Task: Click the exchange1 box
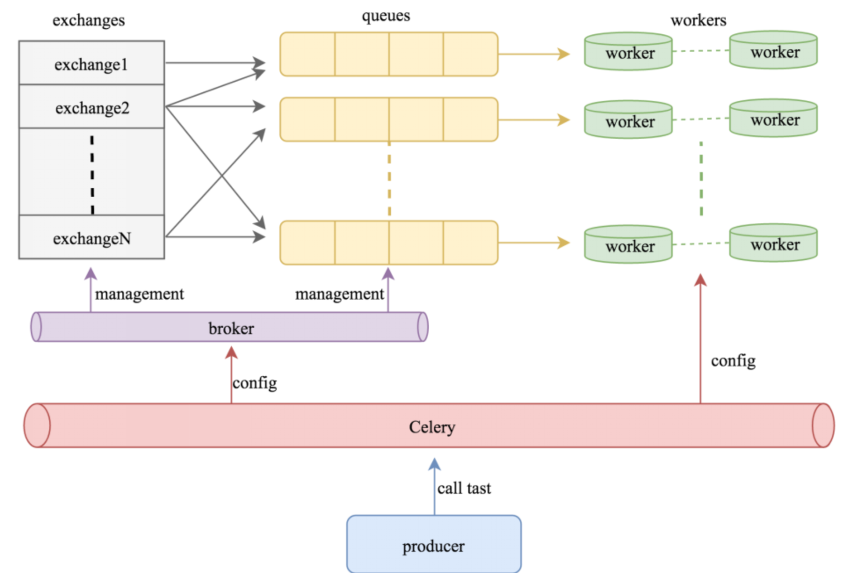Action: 91,64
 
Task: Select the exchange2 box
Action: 91,108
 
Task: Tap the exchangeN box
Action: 91,238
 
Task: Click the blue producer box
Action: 434,545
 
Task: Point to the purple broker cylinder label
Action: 231,328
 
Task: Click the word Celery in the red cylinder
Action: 432,427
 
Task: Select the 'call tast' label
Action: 464,488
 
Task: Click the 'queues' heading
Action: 386,15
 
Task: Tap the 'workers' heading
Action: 698,20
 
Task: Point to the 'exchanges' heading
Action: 88,20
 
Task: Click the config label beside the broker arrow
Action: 255,383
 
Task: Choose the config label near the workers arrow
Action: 733,360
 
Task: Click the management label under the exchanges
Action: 139,294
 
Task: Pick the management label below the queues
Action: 339,294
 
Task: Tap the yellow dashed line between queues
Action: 389,180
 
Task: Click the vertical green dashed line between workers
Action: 701,178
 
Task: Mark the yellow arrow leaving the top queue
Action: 534,54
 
